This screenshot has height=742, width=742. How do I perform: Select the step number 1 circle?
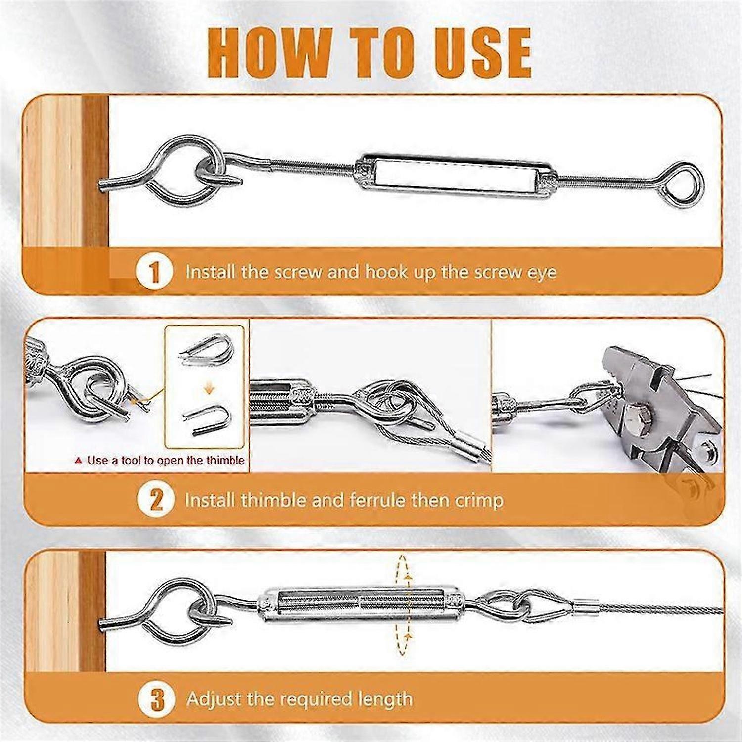click(x=154, y=272)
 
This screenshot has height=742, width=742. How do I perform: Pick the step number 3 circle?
click(x=157, y=699)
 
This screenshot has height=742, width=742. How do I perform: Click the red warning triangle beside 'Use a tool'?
click(x=78, y=461)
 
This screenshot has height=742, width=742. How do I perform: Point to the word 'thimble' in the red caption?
click(x=226, y=460)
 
